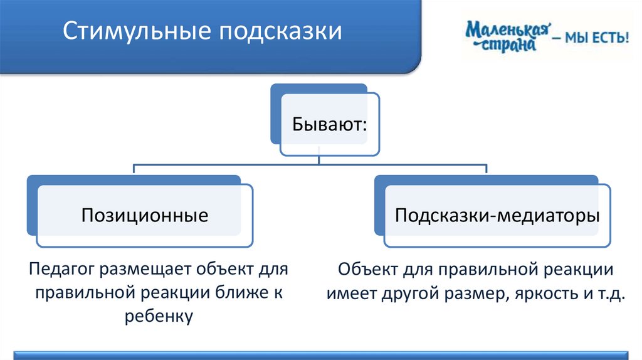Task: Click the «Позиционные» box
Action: [144, 216]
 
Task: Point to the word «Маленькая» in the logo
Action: [508, 28]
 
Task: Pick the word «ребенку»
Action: [157, 315]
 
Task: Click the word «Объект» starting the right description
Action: [367, 271]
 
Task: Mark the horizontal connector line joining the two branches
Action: [310, 166]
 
